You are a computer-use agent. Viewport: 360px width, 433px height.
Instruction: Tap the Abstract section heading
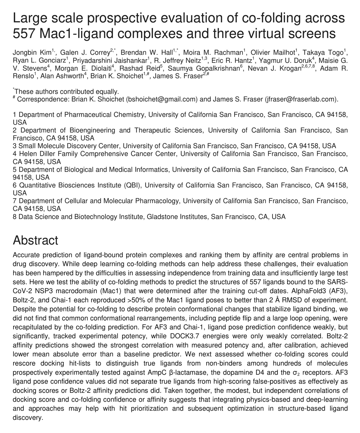pos(35,240)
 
